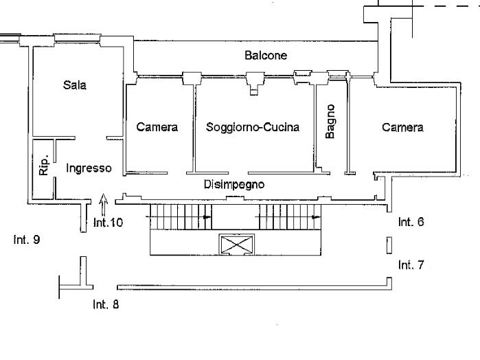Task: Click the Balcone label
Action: [266, 55]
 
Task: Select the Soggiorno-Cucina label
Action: [253, 127]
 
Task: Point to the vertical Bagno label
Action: [331, 122]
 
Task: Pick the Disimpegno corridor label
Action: [234, 184]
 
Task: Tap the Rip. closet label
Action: [44, 165]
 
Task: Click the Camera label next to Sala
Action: [157, 127]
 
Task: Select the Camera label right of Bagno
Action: [403, 127]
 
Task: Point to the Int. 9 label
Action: [27, 240]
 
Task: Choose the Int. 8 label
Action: [106, 305]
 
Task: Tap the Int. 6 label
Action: [411, 222]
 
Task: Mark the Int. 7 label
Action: [411, 265]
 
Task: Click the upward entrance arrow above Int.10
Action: [104, 204]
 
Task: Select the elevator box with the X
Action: [235, 244]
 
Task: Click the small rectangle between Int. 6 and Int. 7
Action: [389, 245]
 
